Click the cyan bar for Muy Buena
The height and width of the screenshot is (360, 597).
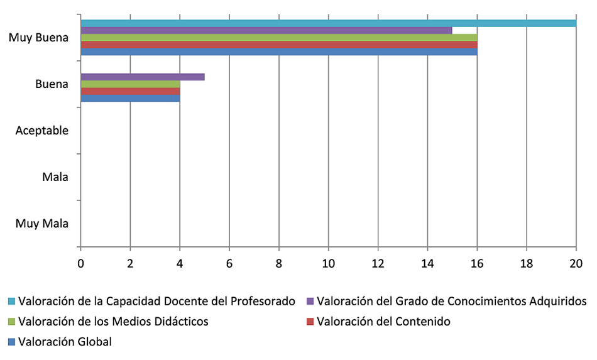click(x=329, y=23)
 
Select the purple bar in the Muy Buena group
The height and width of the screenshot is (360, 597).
click(x=266, y=30)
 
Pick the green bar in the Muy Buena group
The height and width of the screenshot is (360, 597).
click(x=279, y=38)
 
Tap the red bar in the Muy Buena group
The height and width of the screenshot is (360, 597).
click(x=279, y=45)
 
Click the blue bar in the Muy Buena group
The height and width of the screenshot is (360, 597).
click(x=279, y=52)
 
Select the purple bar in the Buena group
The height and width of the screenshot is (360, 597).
click(x=143, y=77)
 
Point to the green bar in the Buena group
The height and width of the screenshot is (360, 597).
click(x=131, y=84)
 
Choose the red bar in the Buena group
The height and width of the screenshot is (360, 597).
click(x=131, y=91)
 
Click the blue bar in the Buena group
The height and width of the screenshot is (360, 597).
click(x=131, y=98)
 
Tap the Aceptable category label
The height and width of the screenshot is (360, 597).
click(x=41, y=131)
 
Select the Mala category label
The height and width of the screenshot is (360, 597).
click(x=55, y=177)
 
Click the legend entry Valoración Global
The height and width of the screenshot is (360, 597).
click(x=65, y=342)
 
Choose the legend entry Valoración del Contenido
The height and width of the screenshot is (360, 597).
click(x=383, y=322)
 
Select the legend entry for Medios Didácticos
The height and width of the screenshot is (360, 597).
click(x=113, y=322)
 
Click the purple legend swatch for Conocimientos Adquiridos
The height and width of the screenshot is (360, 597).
click(x=310, y=301)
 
